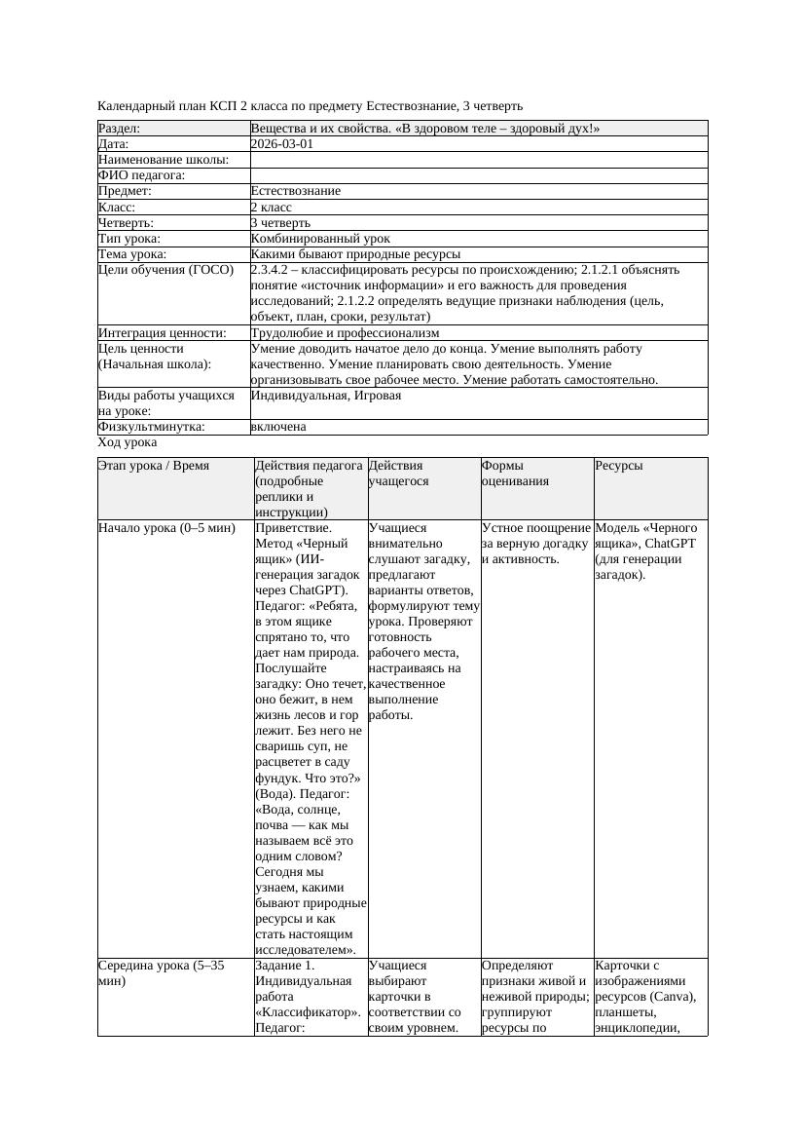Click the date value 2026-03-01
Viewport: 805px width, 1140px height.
(x=282, y=143)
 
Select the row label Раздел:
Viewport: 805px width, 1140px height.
(x=120, y=128)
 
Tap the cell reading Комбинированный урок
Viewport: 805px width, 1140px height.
(x=320, y=238)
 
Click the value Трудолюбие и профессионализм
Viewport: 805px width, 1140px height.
(x=345, y=332)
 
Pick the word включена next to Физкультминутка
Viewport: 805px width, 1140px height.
(x=278, y=427)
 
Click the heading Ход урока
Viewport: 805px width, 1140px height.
(x=128, y=442)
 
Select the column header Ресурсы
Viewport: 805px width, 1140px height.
(x=618, y=466)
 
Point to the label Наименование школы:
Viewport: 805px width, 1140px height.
(x=164, y=159)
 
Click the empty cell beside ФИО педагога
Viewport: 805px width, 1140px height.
(x=477, y=174)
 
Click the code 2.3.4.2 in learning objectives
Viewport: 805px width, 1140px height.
(x=274, y=269)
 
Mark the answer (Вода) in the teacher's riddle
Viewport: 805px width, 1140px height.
(x=276, y=793)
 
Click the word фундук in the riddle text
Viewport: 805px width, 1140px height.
(x=277, y=778)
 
